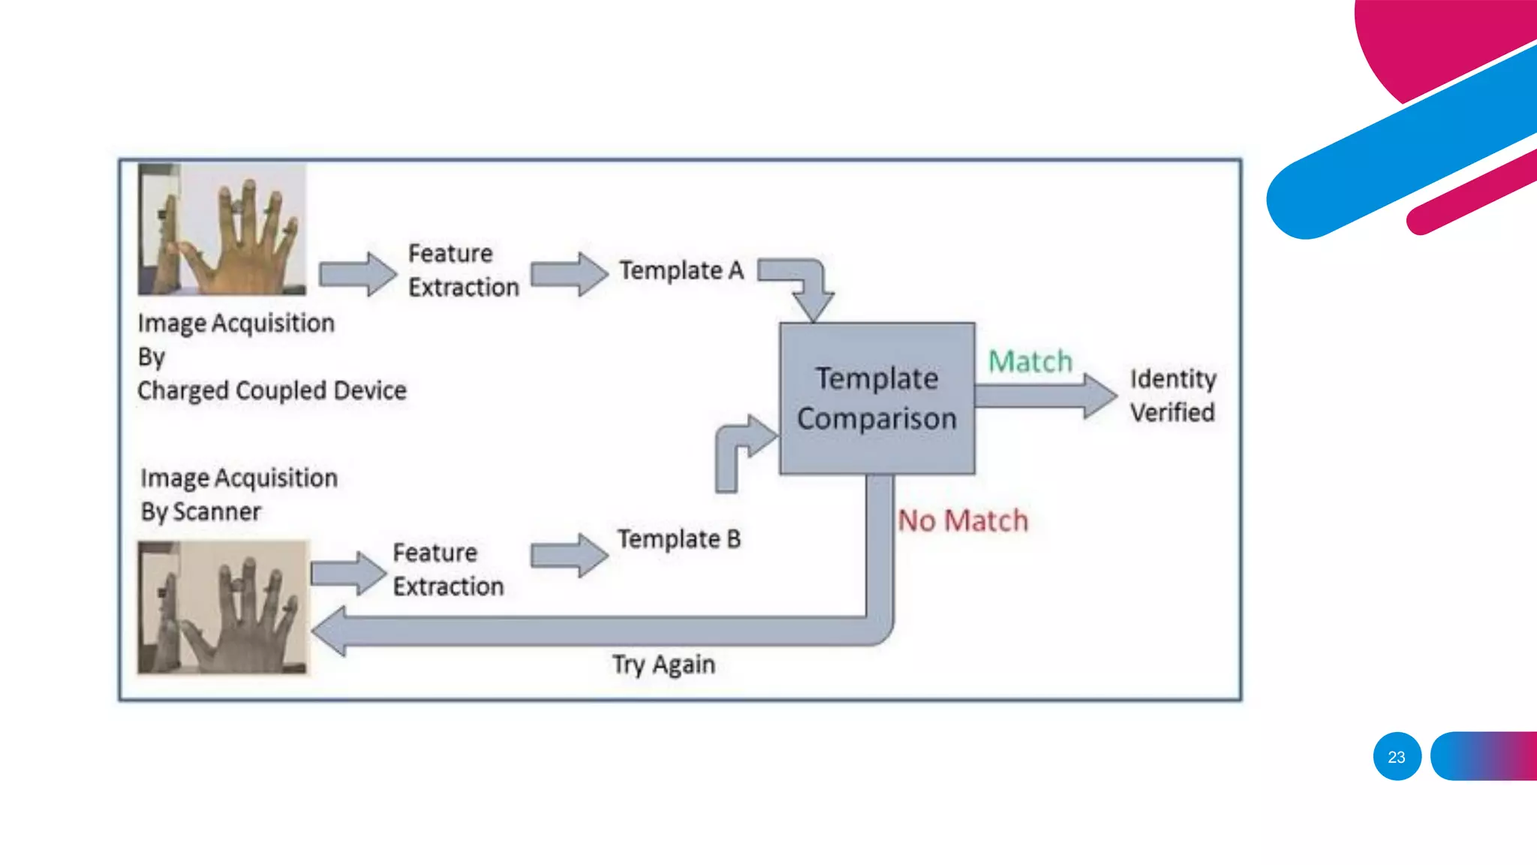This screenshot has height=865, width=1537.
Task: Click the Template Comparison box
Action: pyautogui.click(x=877, y=398)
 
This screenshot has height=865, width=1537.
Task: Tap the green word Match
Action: pyautogui.click(x=1030, y=362)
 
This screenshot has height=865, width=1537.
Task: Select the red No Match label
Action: pyautogui.click(x=963, y=520)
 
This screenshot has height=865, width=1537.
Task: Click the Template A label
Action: pyautogui.click(x=681, y=270)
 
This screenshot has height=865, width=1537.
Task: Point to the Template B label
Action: pyautogui.click(x=678, y=539)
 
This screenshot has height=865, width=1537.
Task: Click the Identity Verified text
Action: pyautogui.click(x=1172, y=396)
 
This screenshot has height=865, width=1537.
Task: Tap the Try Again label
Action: pyautogui.click(x=663, y=665)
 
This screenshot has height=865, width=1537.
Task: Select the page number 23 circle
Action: pyautogui.click(x=1397, y=756)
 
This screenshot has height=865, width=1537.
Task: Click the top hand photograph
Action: pyautogui.click(x=222, y=229)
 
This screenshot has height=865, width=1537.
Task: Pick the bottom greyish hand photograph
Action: pyautogui.click(x=223, y=607)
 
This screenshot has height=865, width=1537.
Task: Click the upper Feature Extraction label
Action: pyautogui.click(x=462, y=270)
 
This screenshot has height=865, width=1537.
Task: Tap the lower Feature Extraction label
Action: pyautogui.click(x=448, y=569)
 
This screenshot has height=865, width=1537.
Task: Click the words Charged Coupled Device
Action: pyautogui.click(x=272, y=390)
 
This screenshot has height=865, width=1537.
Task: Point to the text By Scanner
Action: pyautogui.click(x=200, y=512)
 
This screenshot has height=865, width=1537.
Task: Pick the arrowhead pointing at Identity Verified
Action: pyautogui.click(x=1100, y=396)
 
